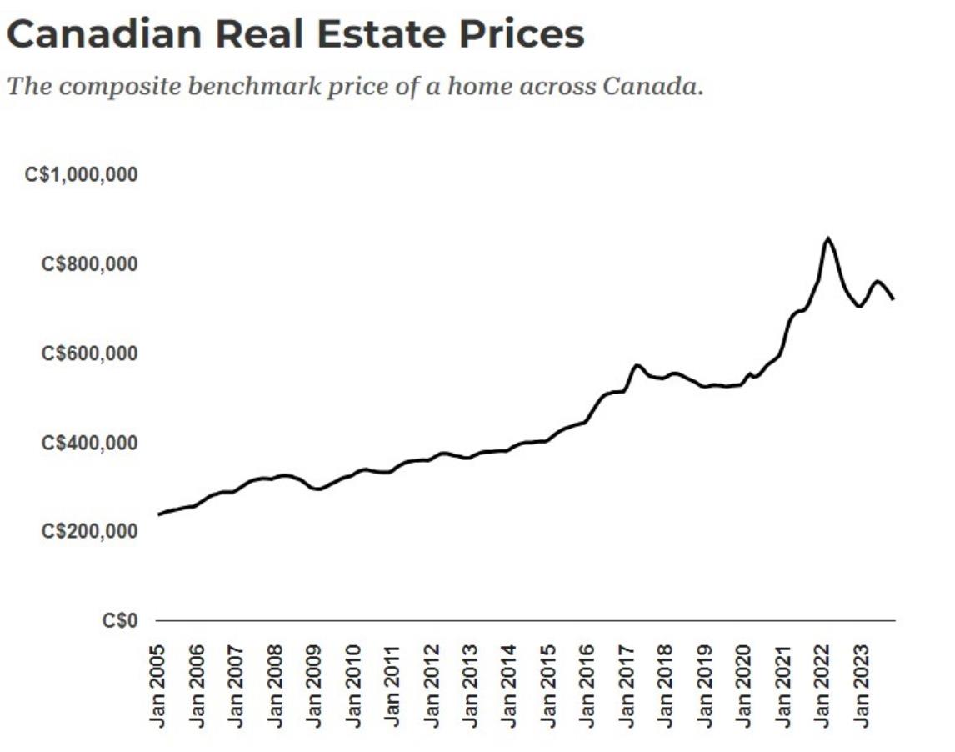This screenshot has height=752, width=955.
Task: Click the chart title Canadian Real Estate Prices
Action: [296, 34]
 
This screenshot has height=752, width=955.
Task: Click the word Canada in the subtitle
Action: [652, 86]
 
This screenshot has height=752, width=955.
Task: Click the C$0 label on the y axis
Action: [120, 621]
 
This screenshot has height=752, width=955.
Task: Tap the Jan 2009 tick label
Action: [315, 685]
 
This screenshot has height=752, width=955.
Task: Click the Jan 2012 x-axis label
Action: [432, 685]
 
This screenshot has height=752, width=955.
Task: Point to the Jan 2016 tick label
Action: [587, 685]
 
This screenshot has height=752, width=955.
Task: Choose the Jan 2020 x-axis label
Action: [743, 685]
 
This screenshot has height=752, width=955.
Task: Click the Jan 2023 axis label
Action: [861, 685]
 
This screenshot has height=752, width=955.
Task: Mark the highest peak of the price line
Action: [827, 238]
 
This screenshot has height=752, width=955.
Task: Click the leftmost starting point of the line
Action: [158, 514]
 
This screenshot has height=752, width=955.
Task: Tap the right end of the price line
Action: [893, 298]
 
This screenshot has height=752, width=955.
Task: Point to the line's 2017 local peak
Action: [637, 365]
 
